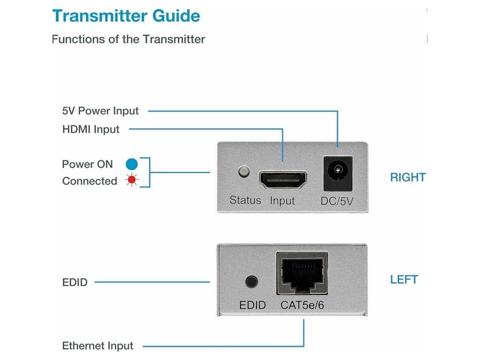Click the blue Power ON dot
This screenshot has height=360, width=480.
coord(132,164)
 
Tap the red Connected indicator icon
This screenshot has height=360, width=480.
coord(132,180)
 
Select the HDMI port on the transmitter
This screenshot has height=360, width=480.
coord(283,180)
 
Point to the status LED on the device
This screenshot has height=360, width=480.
coord(244,172)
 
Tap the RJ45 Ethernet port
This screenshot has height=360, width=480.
coord(302,273)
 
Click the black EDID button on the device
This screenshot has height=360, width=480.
coord(252,282)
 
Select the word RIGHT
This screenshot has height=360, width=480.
coord(408,177)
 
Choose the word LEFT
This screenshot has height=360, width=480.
coord(404,279)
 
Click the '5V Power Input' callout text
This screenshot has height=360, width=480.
coord(100,111)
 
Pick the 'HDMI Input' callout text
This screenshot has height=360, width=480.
coord(90,129)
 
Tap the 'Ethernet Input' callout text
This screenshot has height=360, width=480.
coord(97,345)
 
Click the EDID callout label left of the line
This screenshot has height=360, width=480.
coord(75,282)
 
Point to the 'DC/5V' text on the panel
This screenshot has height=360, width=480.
coord(337,201)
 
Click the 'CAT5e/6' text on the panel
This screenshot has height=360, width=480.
coord(302,305)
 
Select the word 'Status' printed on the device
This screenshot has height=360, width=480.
coord(245,200)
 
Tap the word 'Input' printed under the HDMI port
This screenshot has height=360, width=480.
coord(282,201)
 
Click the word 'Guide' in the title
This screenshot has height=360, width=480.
coord(176,16)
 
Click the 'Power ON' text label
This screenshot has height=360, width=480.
coord(87,164)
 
